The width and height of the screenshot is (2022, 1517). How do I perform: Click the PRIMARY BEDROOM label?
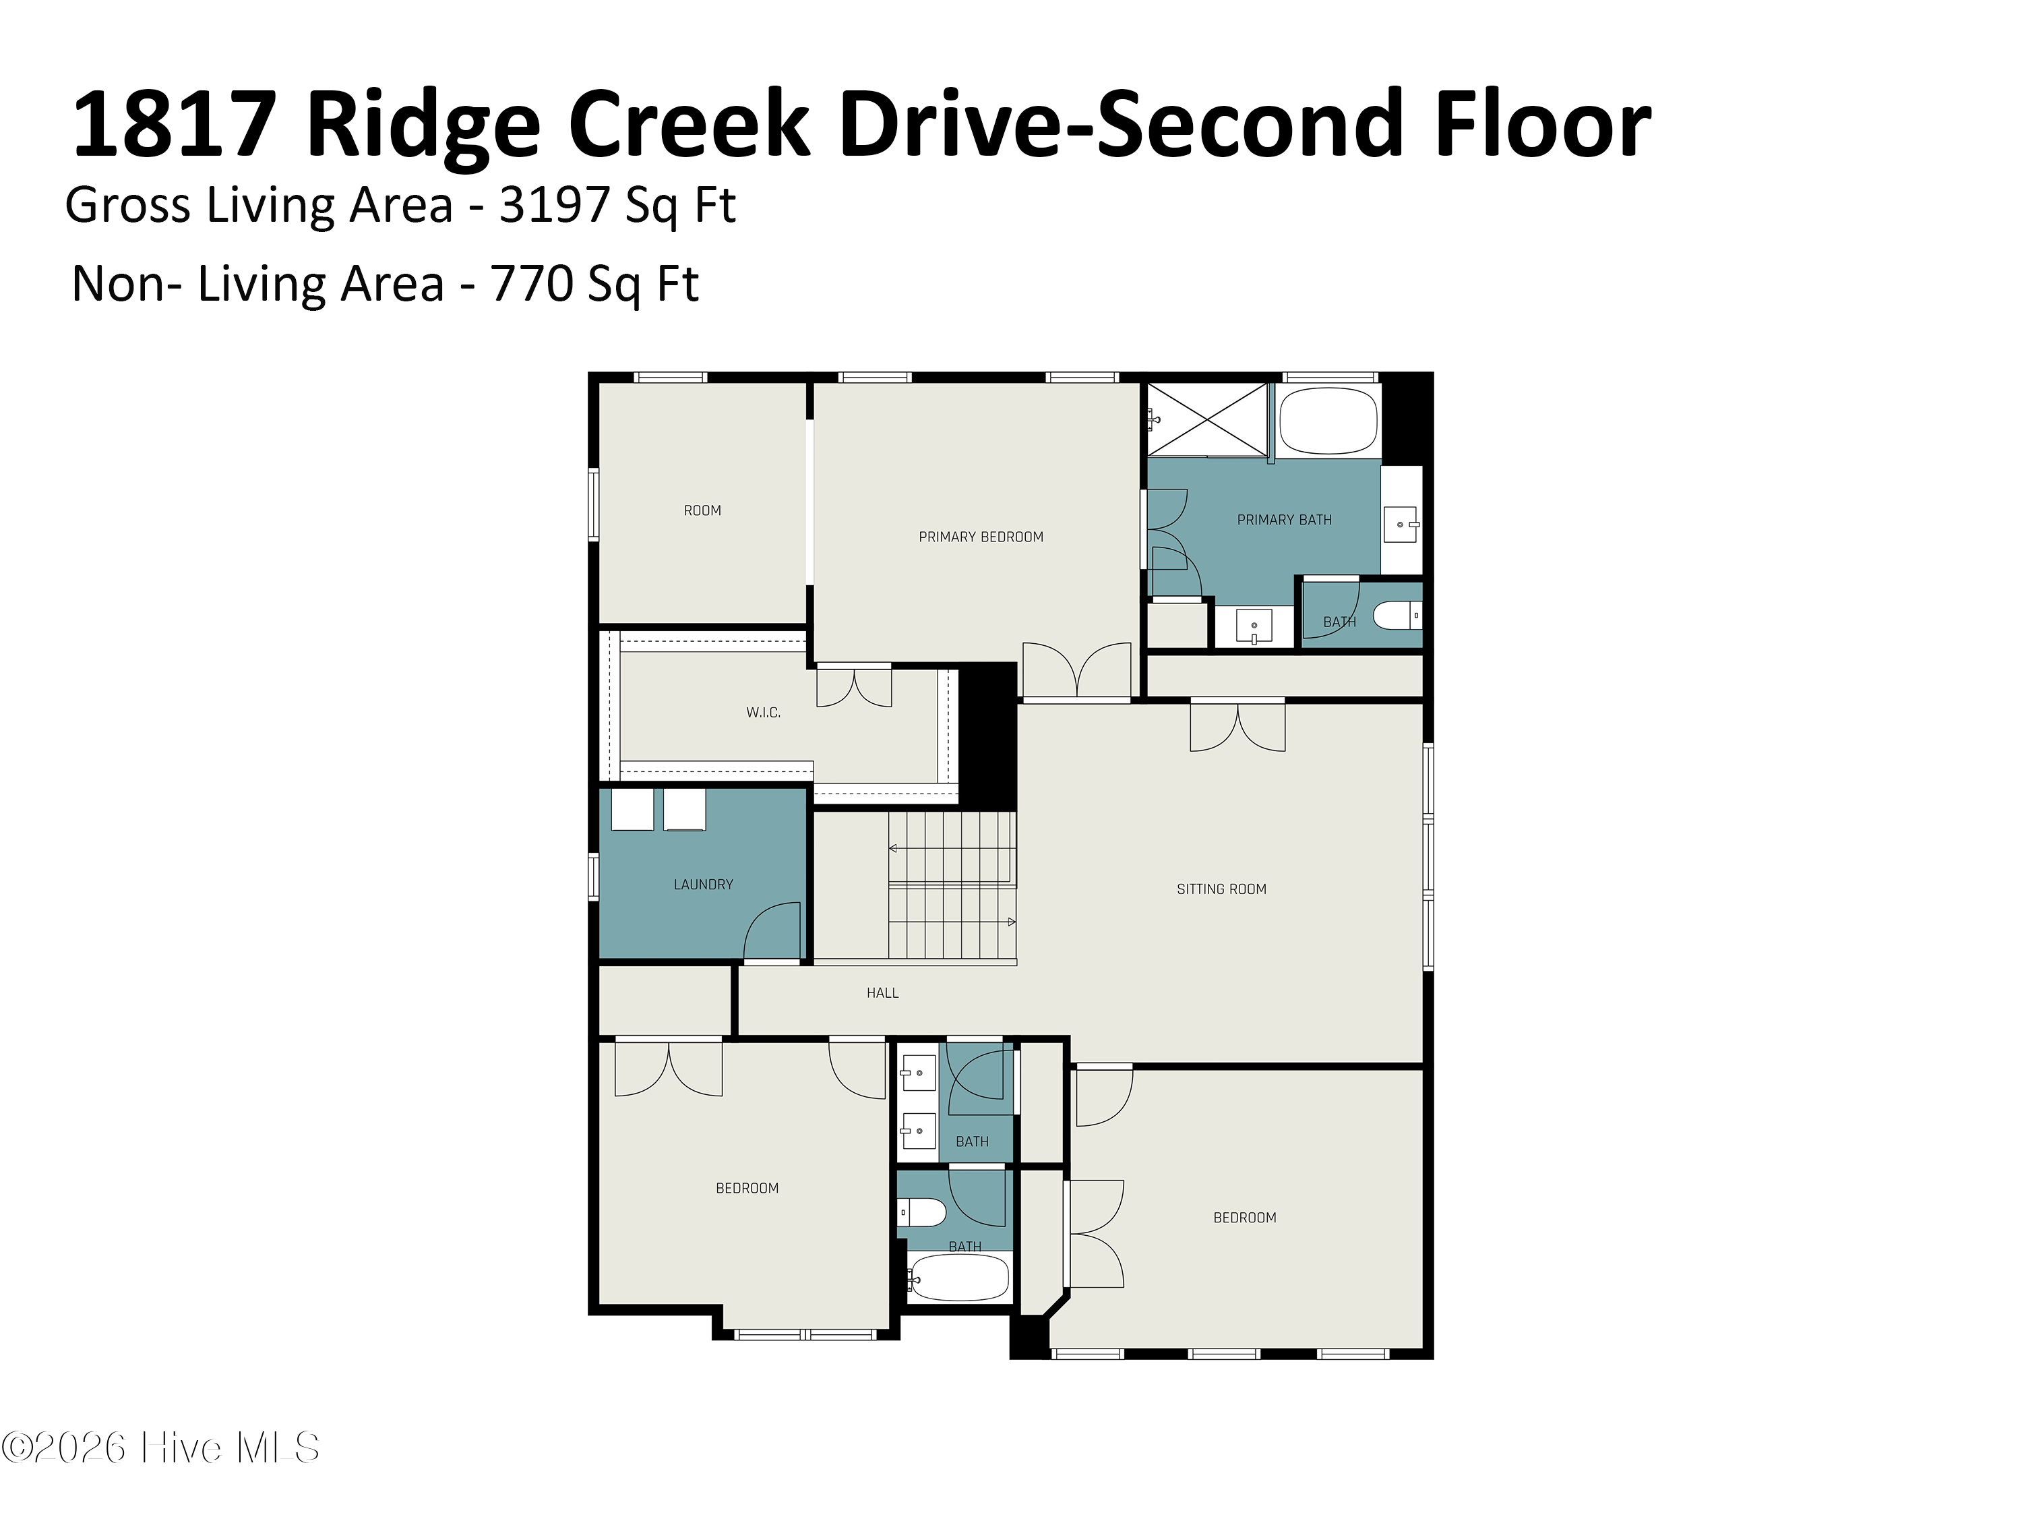pos(980,537)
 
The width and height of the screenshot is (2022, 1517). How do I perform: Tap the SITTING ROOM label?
pos(1221,889)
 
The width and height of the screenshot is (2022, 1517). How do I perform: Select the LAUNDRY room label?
pos(703,884)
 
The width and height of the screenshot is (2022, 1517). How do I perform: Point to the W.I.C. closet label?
pos(763,713)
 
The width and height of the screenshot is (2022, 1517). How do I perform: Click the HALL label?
pos(882,992)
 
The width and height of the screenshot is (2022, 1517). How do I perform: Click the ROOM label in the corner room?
pos(702,510)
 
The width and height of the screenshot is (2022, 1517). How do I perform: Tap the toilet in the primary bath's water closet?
pos(1397,616)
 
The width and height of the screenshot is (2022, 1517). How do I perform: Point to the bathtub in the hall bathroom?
pos(960,1276)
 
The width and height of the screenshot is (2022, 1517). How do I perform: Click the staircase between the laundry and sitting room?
pos(952,885)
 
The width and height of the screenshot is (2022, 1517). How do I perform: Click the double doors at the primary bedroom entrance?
pos(1077,670)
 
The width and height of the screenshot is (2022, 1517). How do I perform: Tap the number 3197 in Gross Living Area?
pos(555,205)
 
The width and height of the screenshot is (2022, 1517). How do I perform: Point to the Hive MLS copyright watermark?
pos(161,1448)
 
